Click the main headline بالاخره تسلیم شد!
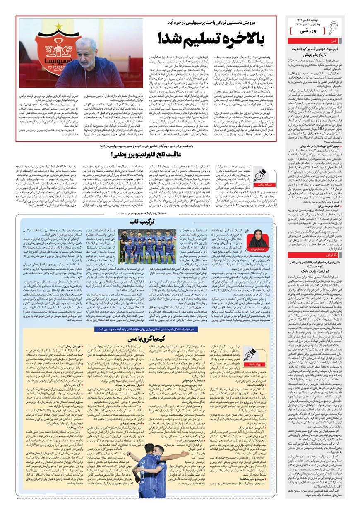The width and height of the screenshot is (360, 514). coord(211,38)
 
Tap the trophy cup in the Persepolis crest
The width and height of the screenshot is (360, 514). coord(58,44)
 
